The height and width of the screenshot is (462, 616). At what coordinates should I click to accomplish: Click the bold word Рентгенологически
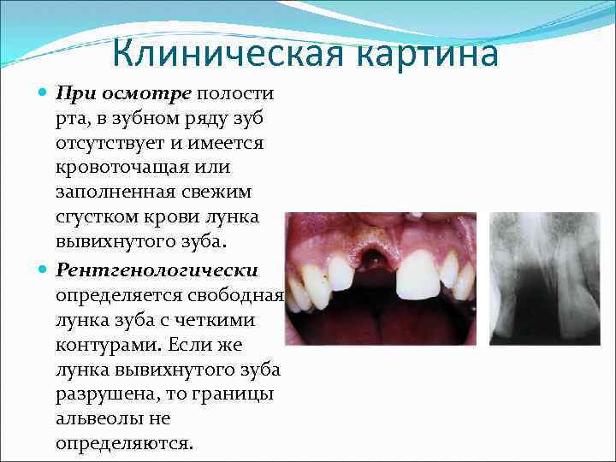tap(157, 269)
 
